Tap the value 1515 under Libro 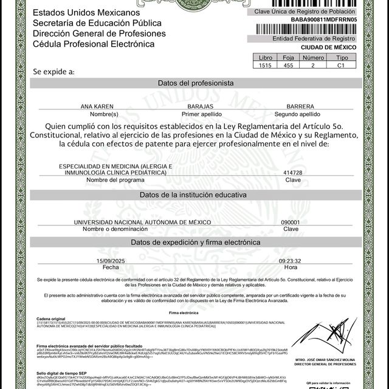click(x=264, y=64)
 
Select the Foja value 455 click(x=288, y=64)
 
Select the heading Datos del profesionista click(x=195, y=82)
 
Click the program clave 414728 click(x=293, y=173)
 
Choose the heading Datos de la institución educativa click(x=193, y=195)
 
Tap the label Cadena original click(x=50, y=318)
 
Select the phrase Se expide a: click(x=54, y=71)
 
